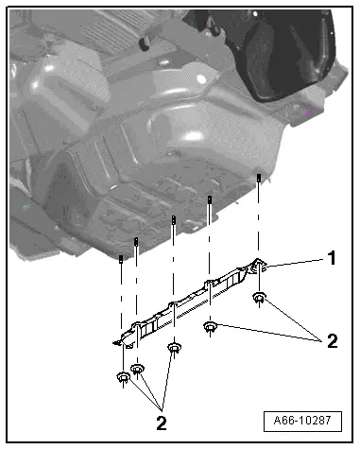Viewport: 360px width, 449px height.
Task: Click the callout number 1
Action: click(x=332, y=258)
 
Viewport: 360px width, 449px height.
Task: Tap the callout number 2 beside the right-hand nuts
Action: click(x=333, y=341)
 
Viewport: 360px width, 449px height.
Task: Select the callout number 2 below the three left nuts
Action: click(x=162, y=423)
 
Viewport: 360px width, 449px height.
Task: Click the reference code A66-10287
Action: click(x=302, y=421)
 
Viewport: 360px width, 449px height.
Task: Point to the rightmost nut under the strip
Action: click(x=260, y=297)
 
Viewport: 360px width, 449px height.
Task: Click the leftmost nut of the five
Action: click(x=123, y=376)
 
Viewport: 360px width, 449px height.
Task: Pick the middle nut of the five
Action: click(x=174, y=348)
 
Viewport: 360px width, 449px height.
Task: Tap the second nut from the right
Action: click(x=210, y=326)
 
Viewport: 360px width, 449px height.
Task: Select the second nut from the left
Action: click(x=137, y=368)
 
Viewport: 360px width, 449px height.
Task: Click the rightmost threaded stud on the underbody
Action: click(x=259, y=178)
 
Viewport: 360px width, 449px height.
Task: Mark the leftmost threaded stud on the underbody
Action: click(x=121, y=259)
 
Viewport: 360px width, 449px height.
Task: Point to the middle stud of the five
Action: click(x=174, y=220)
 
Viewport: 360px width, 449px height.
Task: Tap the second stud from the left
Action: click(x=136, y=242)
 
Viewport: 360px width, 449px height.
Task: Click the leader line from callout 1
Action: click(x=295, y=263)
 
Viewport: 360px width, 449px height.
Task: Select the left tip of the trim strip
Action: click(x=114, y=342)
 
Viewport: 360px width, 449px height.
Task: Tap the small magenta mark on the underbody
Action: click(x=309, y=112)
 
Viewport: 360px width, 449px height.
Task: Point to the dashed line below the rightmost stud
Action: click(x=259, y=220)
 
